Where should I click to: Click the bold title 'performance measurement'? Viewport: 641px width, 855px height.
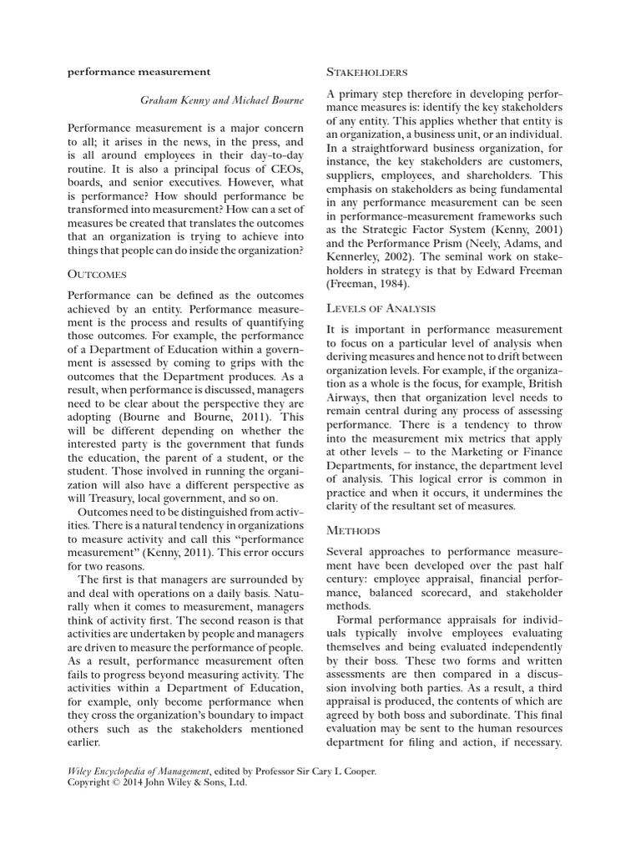tap(139, 72)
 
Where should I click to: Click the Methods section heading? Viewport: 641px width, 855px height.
tap(353, 530)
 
